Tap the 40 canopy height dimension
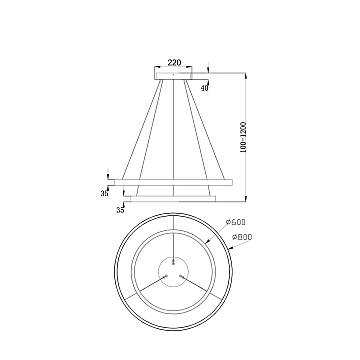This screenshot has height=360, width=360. [205, 88]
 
